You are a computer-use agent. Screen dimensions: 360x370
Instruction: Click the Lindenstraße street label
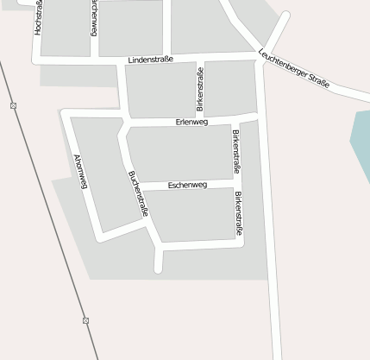[150, 60]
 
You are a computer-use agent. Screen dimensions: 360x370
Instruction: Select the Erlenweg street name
[191, 122]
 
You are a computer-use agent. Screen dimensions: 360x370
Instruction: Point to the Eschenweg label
[187, 185]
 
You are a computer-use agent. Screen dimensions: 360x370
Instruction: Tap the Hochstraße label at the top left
[38, 17]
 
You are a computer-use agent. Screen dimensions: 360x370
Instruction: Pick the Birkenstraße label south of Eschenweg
[238, 212]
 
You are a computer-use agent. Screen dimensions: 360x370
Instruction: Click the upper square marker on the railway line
[14, 105]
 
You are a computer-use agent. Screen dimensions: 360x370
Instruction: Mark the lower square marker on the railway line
[85, 320]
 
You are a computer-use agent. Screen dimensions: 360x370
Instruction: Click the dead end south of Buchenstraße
[158, 269]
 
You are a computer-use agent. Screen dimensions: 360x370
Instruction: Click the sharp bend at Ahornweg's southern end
[102, 237]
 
